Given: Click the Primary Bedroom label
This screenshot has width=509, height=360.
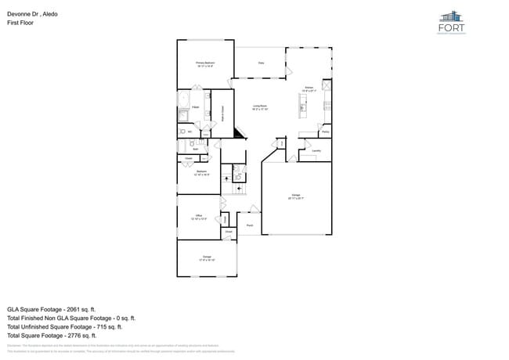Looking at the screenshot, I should coord(205,64).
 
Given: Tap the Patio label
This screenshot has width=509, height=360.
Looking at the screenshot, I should coord(260,63).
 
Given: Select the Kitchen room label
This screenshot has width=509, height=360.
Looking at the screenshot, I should coord(309,88).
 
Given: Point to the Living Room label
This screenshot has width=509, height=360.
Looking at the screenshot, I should coord(260,107).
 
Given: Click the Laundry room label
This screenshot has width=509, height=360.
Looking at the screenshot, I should coord(316,150).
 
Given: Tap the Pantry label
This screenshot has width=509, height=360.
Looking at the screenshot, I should coord(325,132).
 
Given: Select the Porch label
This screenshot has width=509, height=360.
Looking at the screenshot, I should coord(249,225).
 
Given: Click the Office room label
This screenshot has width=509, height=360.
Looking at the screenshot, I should coord(199,218).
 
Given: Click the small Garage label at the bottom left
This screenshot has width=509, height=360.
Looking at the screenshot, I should coord(207,257).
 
